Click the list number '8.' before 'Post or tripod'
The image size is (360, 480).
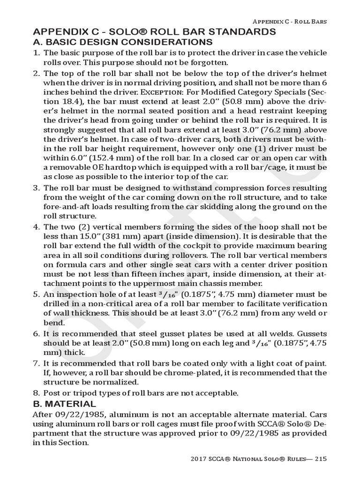pos(36,393)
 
